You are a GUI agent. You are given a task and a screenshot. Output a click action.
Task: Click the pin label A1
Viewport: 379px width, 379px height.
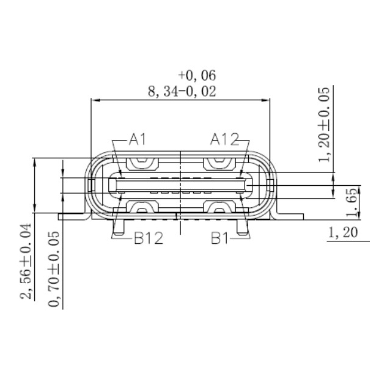coord(138,140)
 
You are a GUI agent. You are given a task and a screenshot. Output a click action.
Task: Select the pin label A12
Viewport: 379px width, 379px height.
coord(224,140)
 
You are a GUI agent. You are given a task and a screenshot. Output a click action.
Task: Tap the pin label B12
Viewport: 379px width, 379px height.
coord(148,238)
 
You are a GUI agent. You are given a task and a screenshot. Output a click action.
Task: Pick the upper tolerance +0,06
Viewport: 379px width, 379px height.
coord(197,75)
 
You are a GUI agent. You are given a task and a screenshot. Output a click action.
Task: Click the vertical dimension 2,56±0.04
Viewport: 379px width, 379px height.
coord(25,262)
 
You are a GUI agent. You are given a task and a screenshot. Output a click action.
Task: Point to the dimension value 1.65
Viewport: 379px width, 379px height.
coord(351,203)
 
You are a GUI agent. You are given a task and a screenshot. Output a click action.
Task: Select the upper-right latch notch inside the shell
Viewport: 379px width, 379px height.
coord(219,163)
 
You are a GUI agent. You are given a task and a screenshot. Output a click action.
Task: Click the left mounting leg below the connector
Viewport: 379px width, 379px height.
coord(119,227)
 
